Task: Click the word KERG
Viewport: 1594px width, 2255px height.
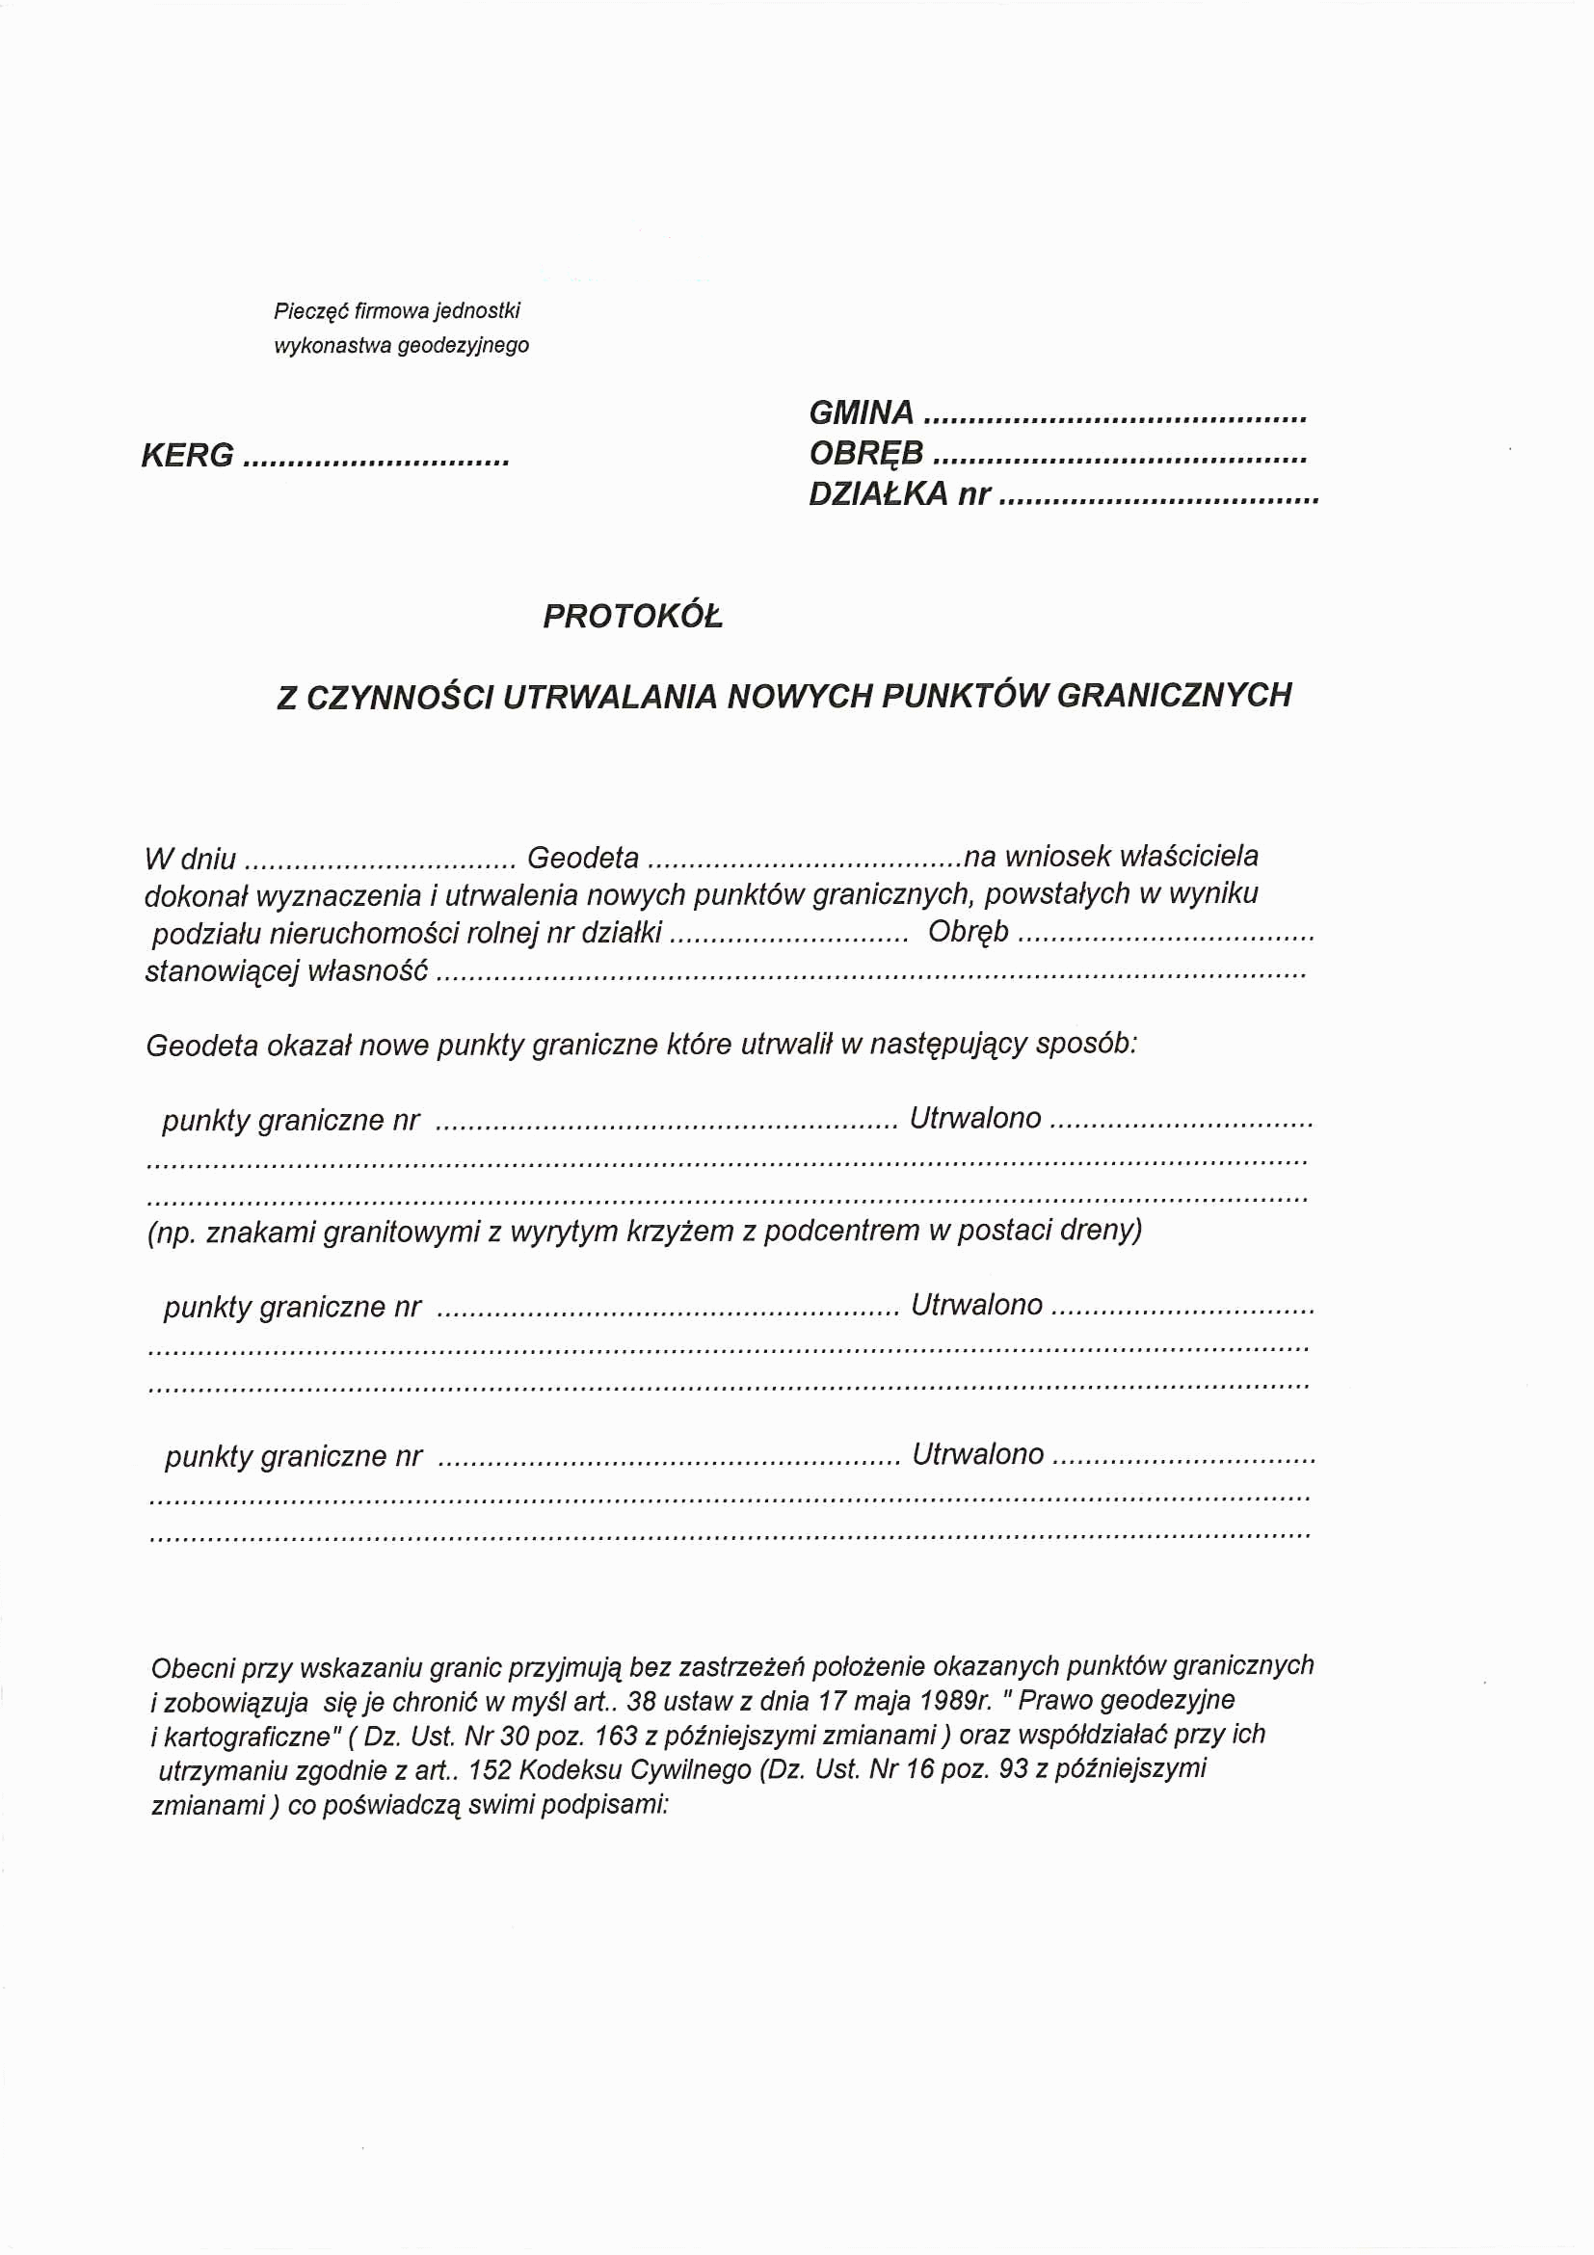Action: [188, 456]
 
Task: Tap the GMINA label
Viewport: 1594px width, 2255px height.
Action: [862, 412]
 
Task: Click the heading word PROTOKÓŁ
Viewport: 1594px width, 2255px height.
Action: [632, 616]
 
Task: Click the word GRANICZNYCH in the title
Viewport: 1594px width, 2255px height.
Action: [1174, 695]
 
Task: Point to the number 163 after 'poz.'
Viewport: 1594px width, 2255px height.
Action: [616, 1735]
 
